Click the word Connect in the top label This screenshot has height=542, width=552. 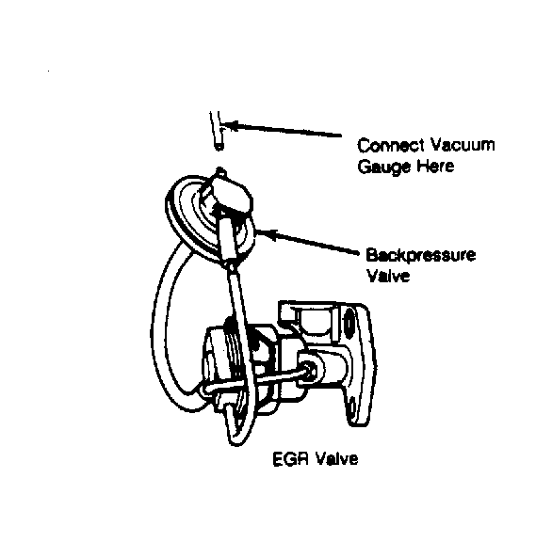pyautogui.click(x=390, y=145)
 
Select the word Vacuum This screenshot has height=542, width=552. pyautogui.click(x=463, y=144)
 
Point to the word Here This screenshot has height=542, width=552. pyautogui.click(x=435, y=166)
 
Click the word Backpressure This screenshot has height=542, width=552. pyautogui.click(x=421, y=255)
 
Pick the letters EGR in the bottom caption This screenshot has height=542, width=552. pyautogui.click(x=291, y=459)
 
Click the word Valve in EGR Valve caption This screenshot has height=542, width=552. pyautogui.click(x=336, y=459)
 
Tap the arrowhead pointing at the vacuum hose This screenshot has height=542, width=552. pyautogui.click(x=231, y=125)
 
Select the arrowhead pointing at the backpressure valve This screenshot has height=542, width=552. pyautogui.click(x=267, y=233)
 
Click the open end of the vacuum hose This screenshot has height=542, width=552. pyautogui.click(x=219, y=146)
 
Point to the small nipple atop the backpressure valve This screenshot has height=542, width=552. pyautogui.click(x=220, y=172)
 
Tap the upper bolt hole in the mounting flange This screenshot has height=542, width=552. pyautogui.click(x=349, y=323)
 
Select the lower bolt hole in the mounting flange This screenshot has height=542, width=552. pyautogui.click(x=351, y=406)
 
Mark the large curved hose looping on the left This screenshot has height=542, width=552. pyautogui.click(x=159, y=330)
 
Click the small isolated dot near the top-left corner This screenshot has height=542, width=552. pyautogui.click(x=48, y=72)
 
